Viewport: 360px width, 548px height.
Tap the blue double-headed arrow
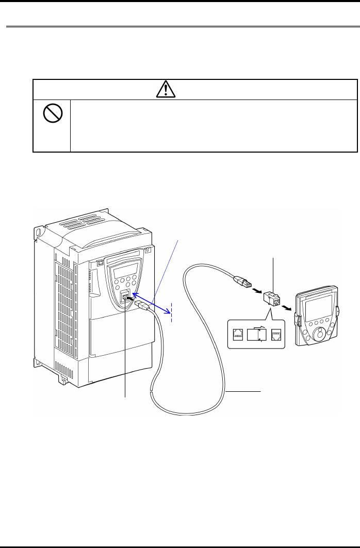pyautogui.click(x=151, y=304)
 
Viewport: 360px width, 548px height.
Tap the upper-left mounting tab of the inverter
pyautogui.click(x=37, y=231)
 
